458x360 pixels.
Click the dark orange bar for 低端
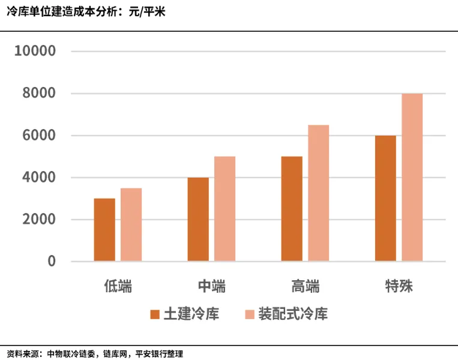tap(104, 230)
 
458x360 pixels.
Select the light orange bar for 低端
tap(131, 225)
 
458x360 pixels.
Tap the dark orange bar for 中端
tap(198, 220)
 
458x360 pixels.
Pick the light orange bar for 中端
tap(224, 209)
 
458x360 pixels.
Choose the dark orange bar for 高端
tap(292, 209)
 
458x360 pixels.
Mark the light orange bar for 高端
tap(318, 193)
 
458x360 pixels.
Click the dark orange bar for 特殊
tap(385, 199)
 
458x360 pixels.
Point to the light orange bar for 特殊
tap(412, 178)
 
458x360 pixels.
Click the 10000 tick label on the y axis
tap(35, 52)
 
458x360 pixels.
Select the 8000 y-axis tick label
tap(39, 94)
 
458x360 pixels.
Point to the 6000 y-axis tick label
tap(39, 136)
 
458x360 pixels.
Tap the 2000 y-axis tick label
tap(39, 220)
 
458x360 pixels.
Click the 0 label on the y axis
tap(52, 262)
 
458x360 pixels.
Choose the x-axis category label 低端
tap(118, 286)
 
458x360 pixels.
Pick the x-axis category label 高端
tap(305, 286)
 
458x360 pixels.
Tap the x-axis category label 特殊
tap(399, 286)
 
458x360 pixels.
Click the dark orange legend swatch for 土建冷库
tap(155, 314)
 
